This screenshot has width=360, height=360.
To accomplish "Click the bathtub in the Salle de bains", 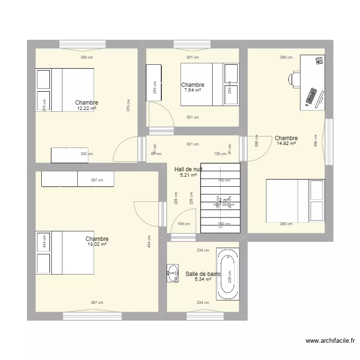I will click(228, 274).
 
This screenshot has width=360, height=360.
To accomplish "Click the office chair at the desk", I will click(295, 79).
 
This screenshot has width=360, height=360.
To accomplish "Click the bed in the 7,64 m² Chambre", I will click(209, 84).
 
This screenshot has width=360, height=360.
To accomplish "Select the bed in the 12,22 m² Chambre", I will click(65, 90).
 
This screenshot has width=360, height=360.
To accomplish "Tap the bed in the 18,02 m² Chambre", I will click(65, 252).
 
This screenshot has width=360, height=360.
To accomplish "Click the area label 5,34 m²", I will click(203, 279).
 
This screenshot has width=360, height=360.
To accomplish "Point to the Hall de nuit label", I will click(188, 169).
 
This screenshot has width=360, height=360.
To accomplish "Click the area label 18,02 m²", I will click(97, 244).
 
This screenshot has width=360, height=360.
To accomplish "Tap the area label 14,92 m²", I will click(286, 144).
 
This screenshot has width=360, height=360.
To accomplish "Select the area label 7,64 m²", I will click(192, 90).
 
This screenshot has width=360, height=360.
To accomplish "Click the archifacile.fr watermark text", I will click(330, 341).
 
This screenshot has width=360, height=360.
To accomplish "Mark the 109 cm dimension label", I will click(184, 224).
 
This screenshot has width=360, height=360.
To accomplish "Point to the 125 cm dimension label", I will click(220, 154).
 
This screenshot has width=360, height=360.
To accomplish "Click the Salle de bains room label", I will click(203, 274).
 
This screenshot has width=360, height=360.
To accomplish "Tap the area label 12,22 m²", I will click(86, 108).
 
